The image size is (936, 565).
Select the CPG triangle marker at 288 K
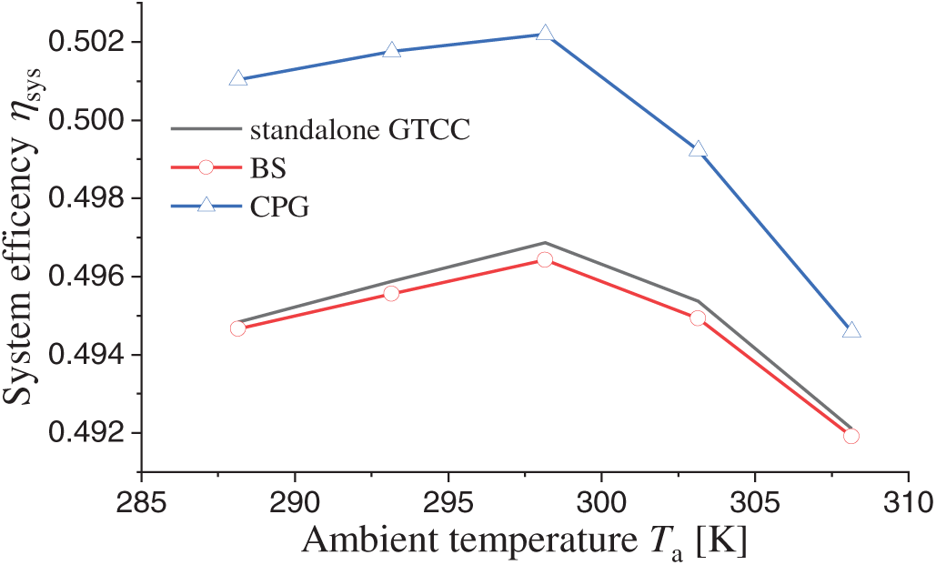(238, 79)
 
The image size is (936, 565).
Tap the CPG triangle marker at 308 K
(851, 330)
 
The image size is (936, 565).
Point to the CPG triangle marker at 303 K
(698, 149)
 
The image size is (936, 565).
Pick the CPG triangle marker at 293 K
(392, 51)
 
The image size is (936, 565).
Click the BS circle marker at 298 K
(545, 259)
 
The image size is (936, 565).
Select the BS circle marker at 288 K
(238, 328)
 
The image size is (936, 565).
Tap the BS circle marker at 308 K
(851, 436)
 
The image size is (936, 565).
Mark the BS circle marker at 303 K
(698, 318)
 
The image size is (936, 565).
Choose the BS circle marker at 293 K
(392, 293)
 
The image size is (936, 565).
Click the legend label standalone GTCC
(359, 129)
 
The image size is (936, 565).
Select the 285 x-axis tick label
(141, 501)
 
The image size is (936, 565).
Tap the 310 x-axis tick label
(908, 501)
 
